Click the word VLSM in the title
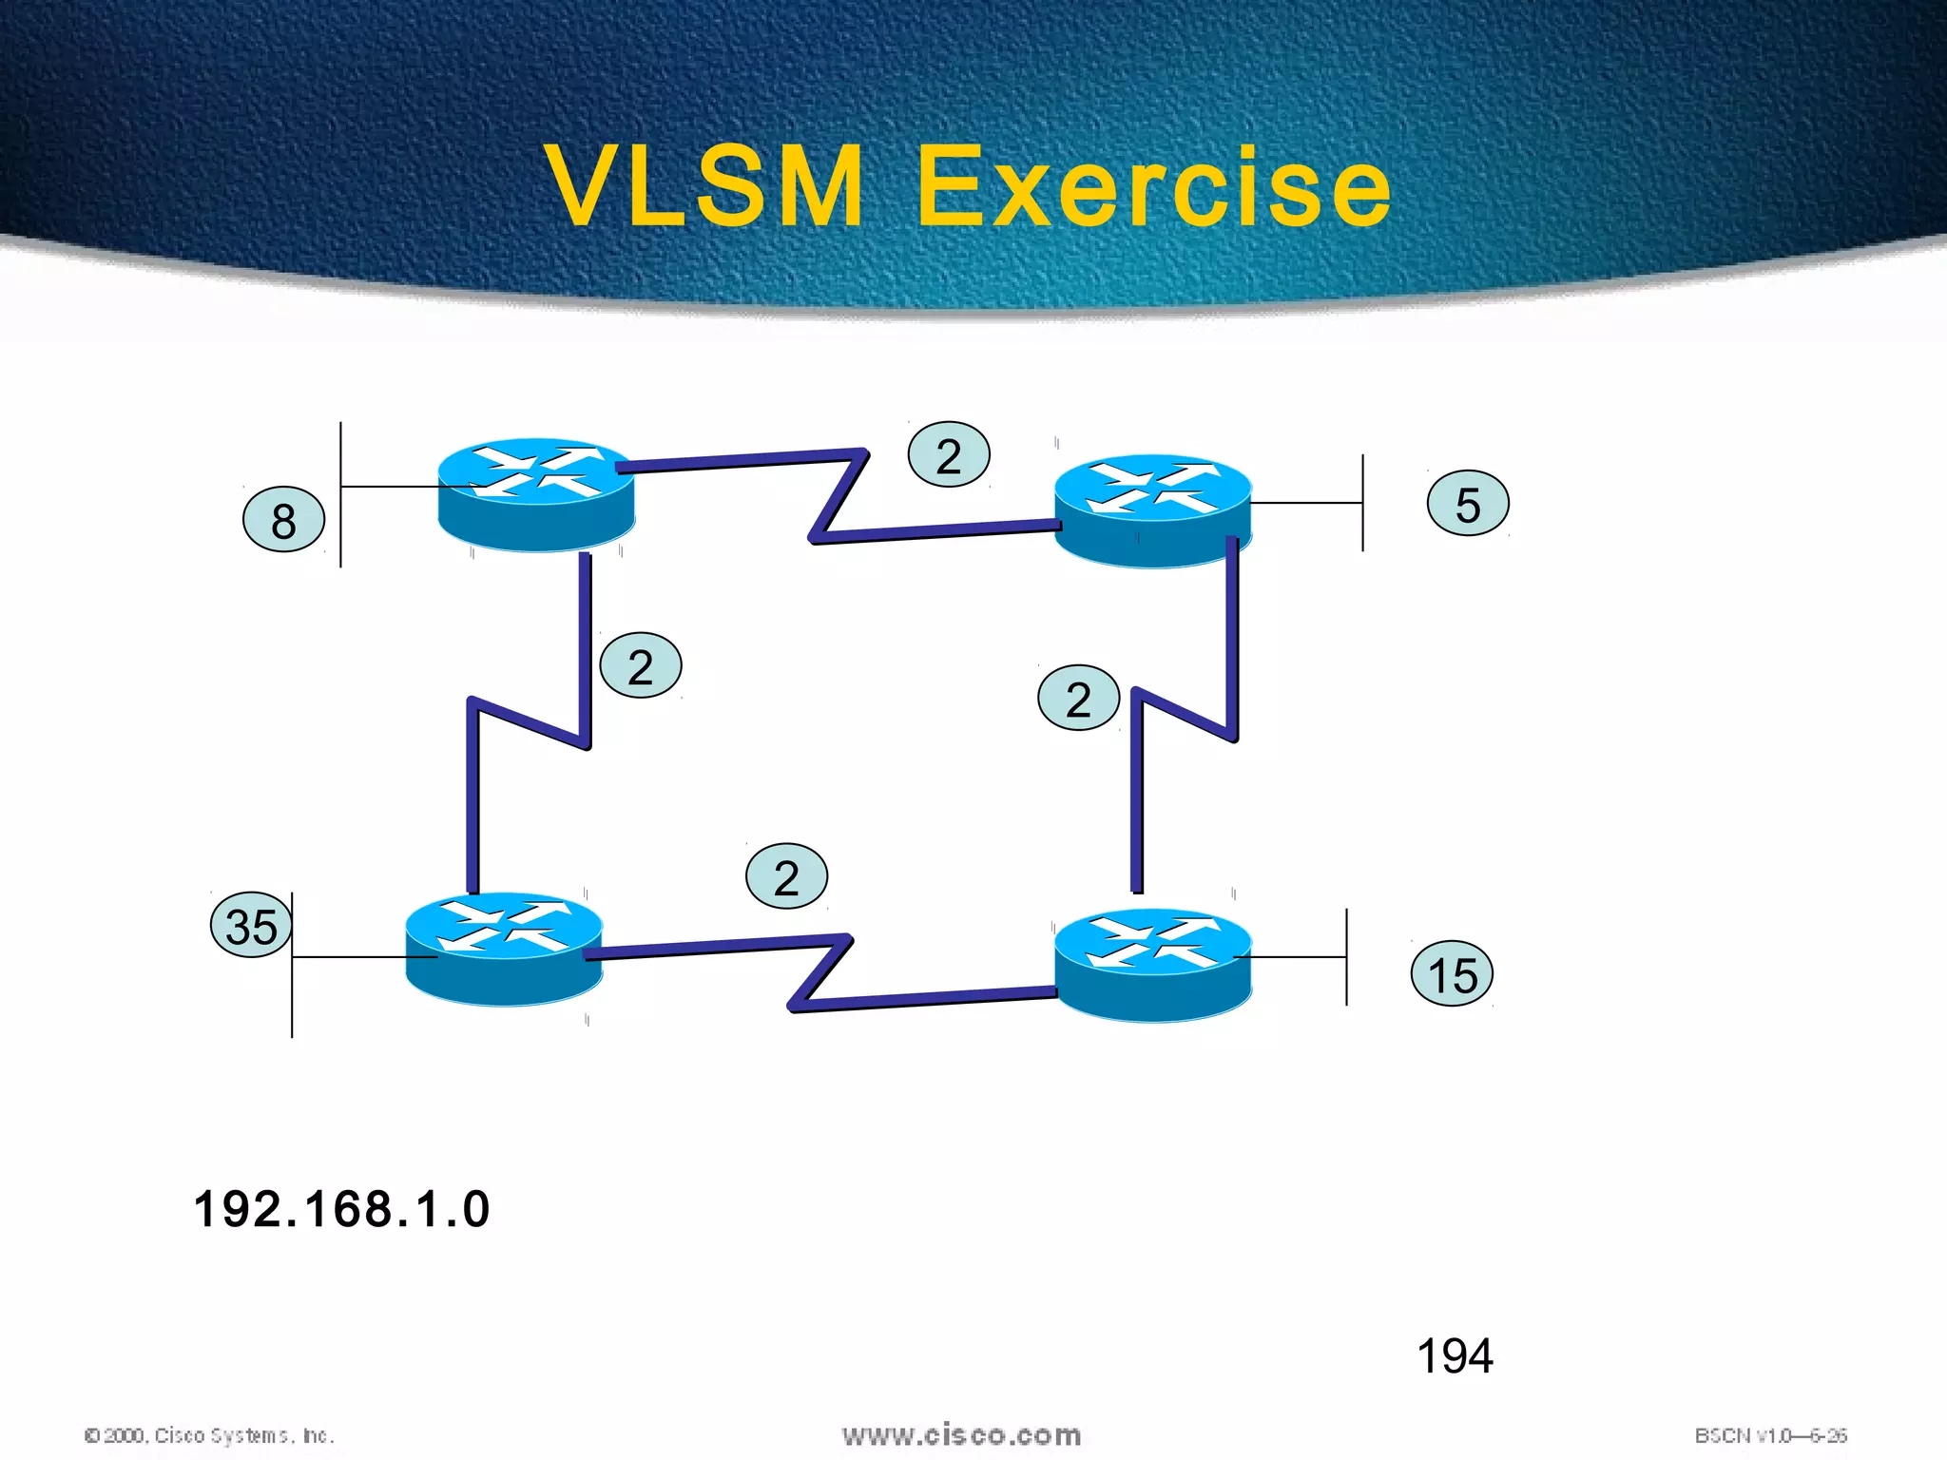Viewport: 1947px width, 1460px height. pos(705,186)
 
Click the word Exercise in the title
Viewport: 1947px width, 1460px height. pos(1152,186)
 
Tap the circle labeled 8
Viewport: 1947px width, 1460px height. pos(283,519)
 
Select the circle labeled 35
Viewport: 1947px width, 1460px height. pos(251,925)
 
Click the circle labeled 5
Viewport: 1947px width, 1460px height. pos(1468,504)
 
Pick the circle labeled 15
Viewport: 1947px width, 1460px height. pos(1452,973)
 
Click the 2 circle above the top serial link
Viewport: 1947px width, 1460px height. pos(949,454)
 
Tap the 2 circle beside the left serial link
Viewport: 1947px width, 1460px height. pos(641,665)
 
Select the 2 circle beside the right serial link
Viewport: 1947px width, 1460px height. pos(1078,698)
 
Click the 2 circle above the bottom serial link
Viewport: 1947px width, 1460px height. pos(786,876)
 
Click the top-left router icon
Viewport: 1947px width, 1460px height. pos(536,494)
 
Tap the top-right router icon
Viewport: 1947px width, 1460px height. pos(1152,510)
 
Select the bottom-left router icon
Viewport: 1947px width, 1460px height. pos(503,949)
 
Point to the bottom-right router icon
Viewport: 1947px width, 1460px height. pos(1152,965)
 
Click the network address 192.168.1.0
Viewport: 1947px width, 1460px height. pos(341,1209)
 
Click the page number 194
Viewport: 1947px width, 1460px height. pos(1454,1355)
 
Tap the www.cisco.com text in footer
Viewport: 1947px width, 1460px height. pos(961,1435)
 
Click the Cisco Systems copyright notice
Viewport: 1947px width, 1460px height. pos(209,1435)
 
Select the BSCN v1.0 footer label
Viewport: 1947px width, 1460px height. pos(1770,1435)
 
